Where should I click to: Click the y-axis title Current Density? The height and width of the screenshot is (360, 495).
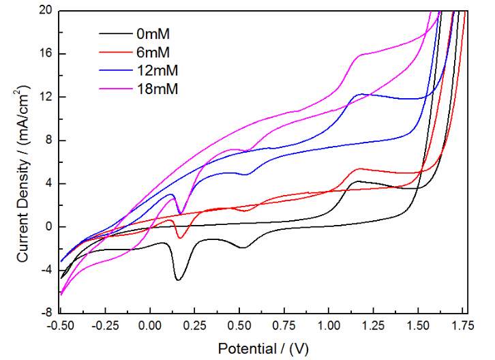pos(23,174)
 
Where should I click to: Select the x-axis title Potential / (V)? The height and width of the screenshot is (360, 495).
pos(262,348)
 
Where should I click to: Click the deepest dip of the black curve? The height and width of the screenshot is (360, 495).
pos(178,280)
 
